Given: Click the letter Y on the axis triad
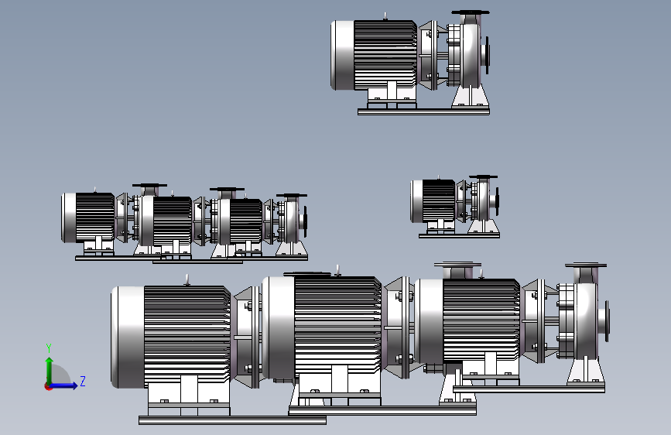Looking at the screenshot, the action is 49,348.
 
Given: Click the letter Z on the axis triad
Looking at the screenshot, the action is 83,381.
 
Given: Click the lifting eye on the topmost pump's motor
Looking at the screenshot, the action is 385,17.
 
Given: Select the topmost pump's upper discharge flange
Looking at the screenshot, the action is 471,13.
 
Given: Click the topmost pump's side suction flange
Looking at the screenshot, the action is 487,52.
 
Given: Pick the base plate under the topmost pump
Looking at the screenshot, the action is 423,111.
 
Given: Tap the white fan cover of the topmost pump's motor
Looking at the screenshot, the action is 343,55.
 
